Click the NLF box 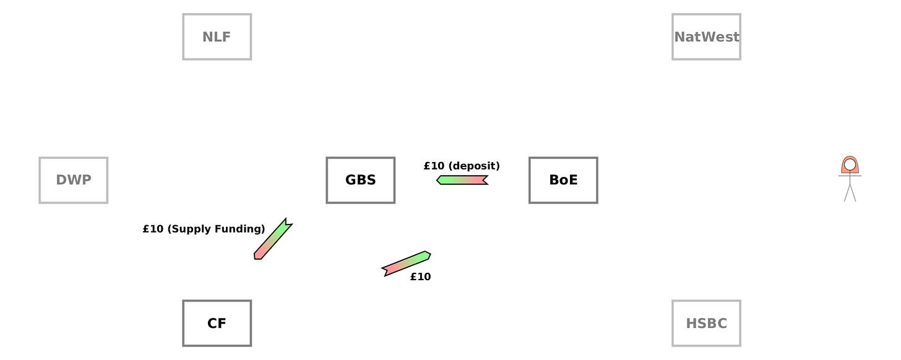pos(217,36)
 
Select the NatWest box pos(706,36)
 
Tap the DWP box pos(73,180)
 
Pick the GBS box pos(360,180)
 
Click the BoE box pos(563,180)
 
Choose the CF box pos(217,323)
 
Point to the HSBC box pos(706,323)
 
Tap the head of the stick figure pos(850,165)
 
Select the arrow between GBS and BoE pos(462,180)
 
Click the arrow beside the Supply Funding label pos(273,239)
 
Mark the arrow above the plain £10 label pos(407,263)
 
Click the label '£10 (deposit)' pos(462,166)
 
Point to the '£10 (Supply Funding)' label pos(204,229)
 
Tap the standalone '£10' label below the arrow pos(420,276)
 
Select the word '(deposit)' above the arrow pos(473,166)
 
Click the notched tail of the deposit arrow pos(484,180)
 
